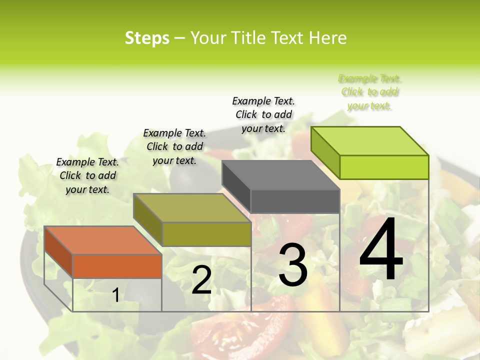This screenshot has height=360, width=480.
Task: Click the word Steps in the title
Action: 147,38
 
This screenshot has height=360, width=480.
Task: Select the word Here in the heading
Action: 327,38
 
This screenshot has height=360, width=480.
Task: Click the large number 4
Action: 381,249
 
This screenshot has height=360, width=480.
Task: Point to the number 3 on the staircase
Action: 293,264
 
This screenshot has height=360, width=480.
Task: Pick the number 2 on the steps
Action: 202,280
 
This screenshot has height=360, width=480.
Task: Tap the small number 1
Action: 116,295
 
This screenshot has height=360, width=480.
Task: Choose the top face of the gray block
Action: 280,175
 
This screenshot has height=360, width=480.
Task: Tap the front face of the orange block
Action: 117,266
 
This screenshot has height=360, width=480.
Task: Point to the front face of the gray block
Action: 295,201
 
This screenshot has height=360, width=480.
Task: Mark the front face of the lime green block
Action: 384,167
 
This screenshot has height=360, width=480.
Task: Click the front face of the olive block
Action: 206,234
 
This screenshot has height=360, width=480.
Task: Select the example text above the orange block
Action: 88,175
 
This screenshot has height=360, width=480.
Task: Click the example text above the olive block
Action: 174,146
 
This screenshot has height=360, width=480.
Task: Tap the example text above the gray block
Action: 263,114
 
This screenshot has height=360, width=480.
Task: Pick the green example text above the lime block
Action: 369,92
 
